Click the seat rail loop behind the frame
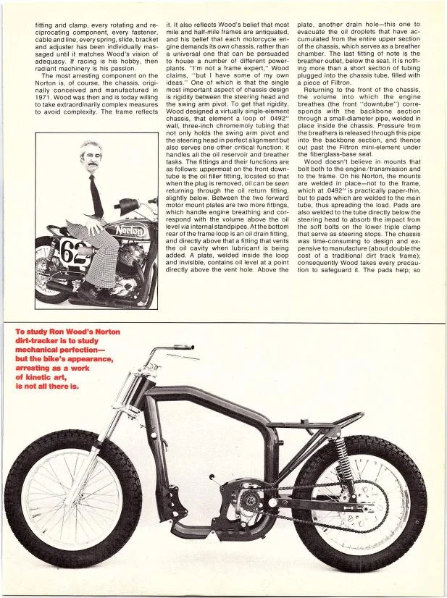[x=341, y=424]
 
